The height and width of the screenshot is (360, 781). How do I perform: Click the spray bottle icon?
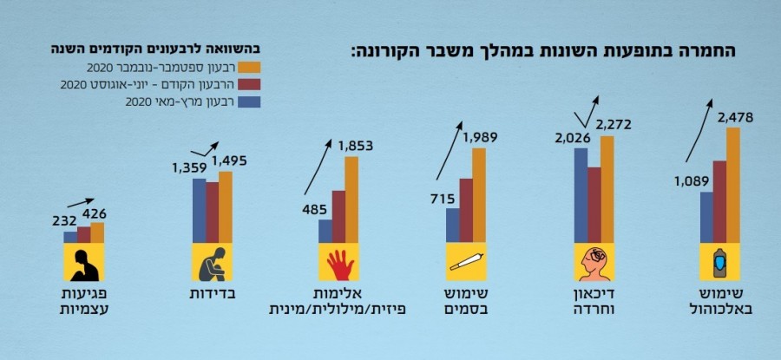coord(719,262)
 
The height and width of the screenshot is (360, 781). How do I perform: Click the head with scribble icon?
coord(594,262)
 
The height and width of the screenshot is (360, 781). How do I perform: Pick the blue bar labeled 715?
coord(452,226)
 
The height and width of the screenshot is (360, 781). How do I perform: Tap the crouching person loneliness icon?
coord(211,262)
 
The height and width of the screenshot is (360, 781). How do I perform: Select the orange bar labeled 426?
coord(97,232)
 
